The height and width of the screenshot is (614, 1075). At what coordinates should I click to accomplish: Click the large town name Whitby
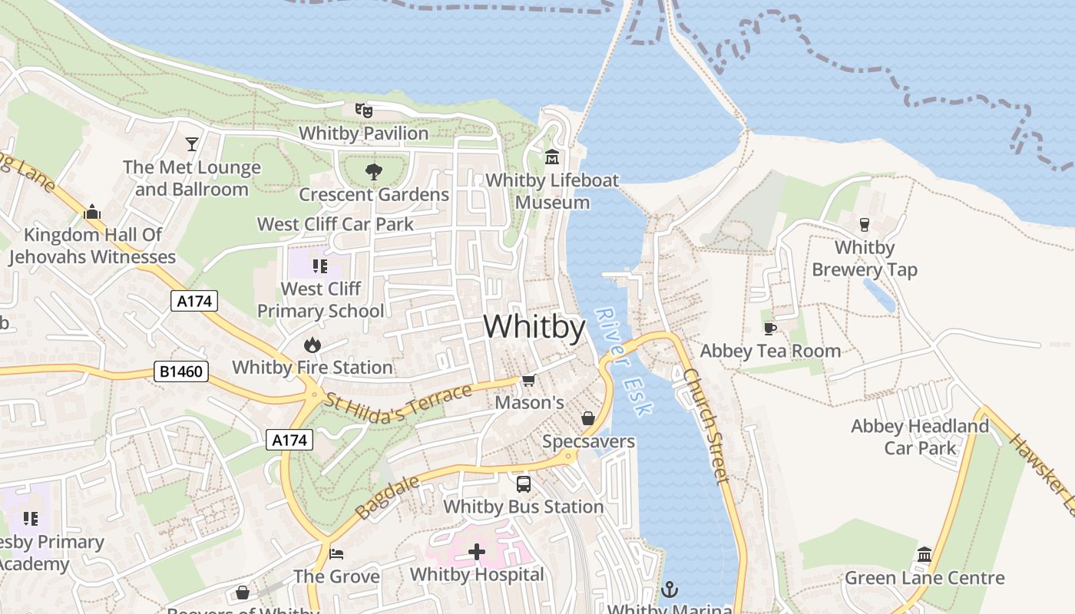[x=534, y=327]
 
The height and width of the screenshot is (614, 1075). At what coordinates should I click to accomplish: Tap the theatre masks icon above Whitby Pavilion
[x=363, y=111]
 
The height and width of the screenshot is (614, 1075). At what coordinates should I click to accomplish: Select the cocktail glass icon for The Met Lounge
[x=191, y=144]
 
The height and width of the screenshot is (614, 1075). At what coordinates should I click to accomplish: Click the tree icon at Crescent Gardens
[x=374, y=171]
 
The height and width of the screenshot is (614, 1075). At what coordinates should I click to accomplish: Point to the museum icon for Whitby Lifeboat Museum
[x=552, y=157]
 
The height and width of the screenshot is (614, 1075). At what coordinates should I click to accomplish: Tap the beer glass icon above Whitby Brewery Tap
[x=865, y=225]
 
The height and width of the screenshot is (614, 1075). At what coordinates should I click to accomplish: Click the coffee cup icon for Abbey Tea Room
[x=769, y=328]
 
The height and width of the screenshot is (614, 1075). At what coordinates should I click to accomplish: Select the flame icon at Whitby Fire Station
[x=312, y=345]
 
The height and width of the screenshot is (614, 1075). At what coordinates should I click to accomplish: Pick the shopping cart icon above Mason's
[x=528, y=380]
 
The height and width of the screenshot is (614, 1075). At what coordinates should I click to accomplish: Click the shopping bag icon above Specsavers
[x=588, y=418]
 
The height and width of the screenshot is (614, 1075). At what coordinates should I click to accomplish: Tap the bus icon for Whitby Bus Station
[x=524, y=484]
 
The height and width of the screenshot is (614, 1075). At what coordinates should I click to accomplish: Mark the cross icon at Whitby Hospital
[x=477, y=552]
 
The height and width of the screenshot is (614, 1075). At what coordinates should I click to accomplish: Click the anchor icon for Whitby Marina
[x=670, y=589]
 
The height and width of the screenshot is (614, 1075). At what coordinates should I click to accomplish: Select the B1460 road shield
[x=182, y=372]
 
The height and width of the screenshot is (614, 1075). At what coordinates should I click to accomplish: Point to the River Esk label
[x=624, y=361]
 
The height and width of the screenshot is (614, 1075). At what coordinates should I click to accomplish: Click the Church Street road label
[x=705, y=426]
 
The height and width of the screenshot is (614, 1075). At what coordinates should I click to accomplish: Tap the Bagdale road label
[x=388, y=497]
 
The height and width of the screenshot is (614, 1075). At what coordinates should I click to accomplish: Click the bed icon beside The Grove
[x=336, y=553]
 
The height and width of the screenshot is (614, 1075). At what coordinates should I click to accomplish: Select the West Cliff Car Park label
[x=335, y=224]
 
